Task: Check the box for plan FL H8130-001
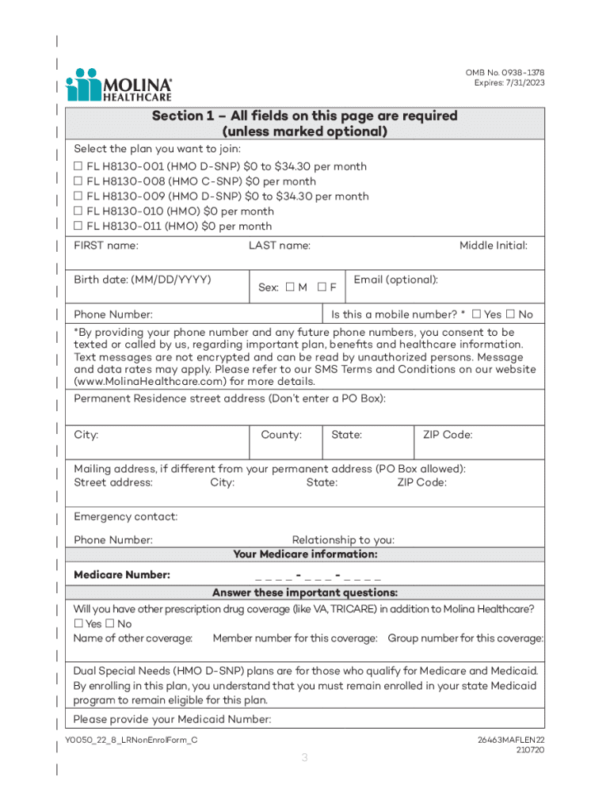coord(78,166)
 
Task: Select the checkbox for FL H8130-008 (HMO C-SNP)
coord(78,181)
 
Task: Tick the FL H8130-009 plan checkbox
coord(78,196)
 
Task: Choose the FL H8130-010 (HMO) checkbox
coord(78,211)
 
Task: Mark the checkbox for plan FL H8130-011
coord(78,227)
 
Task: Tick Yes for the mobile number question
coord(477,314)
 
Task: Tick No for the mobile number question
coord(511,314)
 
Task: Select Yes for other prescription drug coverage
coord(78,624)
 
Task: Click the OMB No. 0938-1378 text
coord(505,73)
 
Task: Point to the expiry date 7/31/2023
coord(523,83)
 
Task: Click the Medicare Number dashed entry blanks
coord(318,575)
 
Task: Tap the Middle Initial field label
coord(493,246)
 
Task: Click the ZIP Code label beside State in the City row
coord(448,435)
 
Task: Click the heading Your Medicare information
coord(305,554)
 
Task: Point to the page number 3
coord(304,758)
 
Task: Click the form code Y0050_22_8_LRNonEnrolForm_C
coord(132,740)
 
